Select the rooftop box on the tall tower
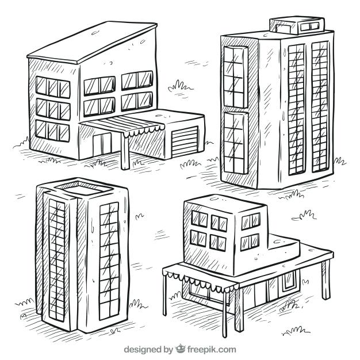[x=298, y=25]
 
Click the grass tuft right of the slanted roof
[x=180, y=86]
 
